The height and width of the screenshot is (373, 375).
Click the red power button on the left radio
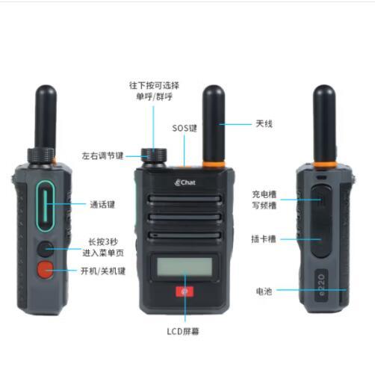(46, 270)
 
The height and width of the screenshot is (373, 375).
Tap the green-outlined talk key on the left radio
(46, 206)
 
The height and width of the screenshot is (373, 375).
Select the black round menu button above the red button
(46, 249)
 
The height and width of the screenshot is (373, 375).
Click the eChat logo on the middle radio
(185, 182)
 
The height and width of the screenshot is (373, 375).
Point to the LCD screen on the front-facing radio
(185, 267)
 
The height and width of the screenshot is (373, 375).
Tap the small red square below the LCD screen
(185, 292)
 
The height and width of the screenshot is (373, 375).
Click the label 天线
(264, 123)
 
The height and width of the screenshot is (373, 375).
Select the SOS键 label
(185, 128)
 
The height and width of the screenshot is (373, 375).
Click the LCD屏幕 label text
(183, 331)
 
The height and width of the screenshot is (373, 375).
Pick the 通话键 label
(102, 205)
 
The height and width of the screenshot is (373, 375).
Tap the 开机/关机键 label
(103, 271)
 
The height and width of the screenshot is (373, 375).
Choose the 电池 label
(264, 291)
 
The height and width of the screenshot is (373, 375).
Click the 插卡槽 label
(264, 239)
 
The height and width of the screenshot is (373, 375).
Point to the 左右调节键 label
(102, 156)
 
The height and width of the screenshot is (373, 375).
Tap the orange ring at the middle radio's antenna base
(214, 164)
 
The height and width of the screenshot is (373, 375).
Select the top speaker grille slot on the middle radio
(185, 199)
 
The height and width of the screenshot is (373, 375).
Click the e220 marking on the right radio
(321, 285)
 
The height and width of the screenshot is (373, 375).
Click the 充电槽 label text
(264, 194)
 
